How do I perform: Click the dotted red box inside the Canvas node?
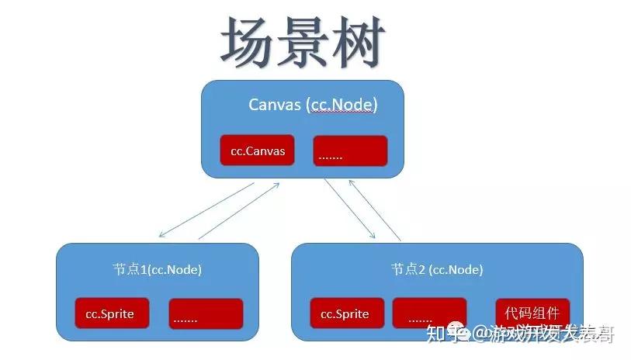click(x=350, y=151)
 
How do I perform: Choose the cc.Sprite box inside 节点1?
click(x=112, y=313)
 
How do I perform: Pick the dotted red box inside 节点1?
click(x=206, y=314)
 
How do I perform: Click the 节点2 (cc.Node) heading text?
click(x=437, y=270)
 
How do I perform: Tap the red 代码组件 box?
click(x=532, y=313)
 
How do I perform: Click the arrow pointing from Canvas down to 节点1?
click(x=205, y=210)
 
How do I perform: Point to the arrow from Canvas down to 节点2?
click(x=349, y=208)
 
